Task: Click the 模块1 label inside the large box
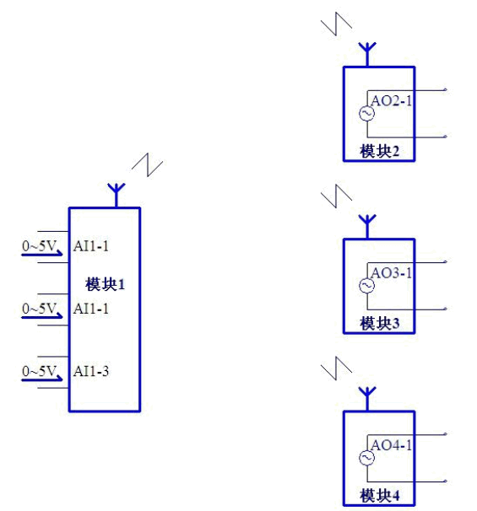point(105,284)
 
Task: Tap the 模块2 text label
point(379,152)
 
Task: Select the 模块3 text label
point(379,323)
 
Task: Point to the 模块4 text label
point(379,495)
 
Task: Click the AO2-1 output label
point(392,101)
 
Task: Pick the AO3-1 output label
point(392,273)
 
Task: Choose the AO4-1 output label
point(392,445)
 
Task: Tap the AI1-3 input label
point(90,371)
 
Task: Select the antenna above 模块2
point(366,53)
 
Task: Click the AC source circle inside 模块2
point(366,114)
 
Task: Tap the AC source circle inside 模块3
point(366,286)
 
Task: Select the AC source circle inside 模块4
point(366,458)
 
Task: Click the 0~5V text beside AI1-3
point(39,371)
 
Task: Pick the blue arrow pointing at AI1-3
point(43,380)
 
